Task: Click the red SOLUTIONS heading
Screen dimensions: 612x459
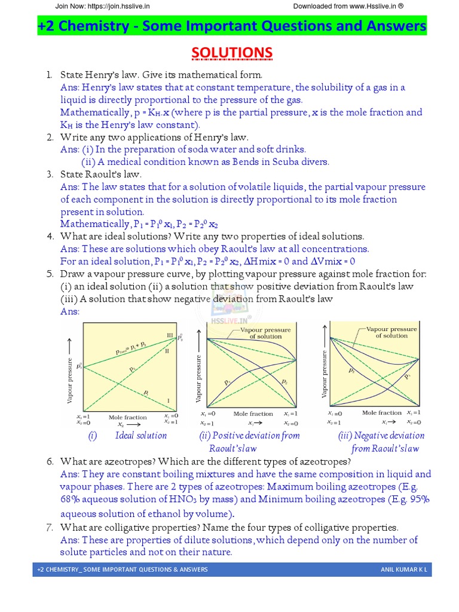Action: tap(232, 53)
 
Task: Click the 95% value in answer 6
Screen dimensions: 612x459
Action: tap(418, 499)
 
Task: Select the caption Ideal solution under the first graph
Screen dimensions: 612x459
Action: tap(141, 435)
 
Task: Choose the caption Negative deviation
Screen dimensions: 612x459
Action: tap(389, 435)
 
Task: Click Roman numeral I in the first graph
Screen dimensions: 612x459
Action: tap(169, 399)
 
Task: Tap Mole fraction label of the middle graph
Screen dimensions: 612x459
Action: tap(253, 414)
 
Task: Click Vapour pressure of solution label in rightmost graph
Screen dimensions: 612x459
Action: tap(391, 332)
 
